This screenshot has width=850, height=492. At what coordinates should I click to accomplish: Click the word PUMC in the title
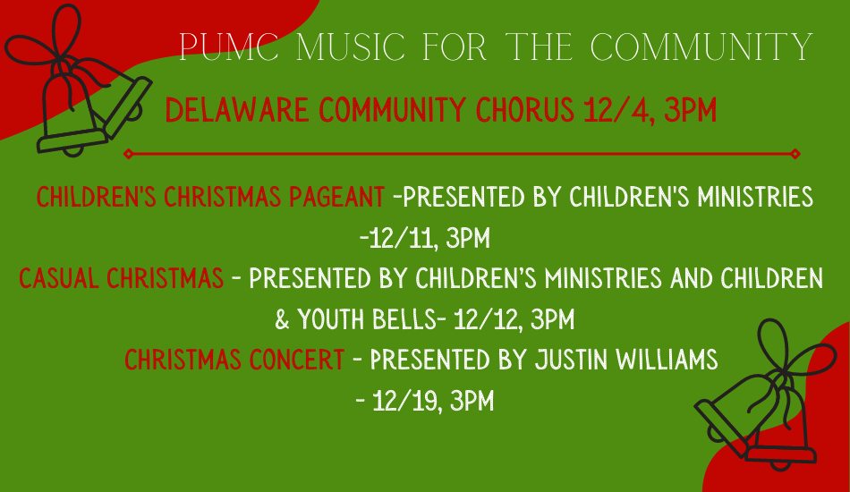coord(229,47)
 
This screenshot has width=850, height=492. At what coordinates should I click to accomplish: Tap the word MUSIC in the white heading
coord(351,47)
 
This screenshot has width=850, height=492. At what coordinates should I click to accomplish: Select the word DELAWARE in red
coord(237,110)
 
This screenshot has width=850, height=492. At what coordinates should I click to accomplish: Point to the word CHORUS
coord(524,110)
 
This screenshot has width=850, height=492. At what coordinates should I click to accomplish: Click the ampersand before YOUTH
coord(282,319)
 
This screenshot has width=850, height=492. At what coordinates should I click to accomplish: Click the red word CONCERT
coord(296,360)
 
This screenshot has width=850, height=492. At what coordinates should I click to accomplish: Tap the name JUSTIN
coord(572,360)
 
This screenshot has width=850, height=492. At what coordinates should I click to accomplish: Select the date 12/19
coord(408,402)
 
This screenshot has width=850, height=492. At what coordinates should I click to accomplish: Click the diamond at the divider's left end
coord(129,154)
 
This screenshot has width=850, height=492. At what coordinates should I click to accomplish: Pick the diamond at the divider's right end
coord(795,154)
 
